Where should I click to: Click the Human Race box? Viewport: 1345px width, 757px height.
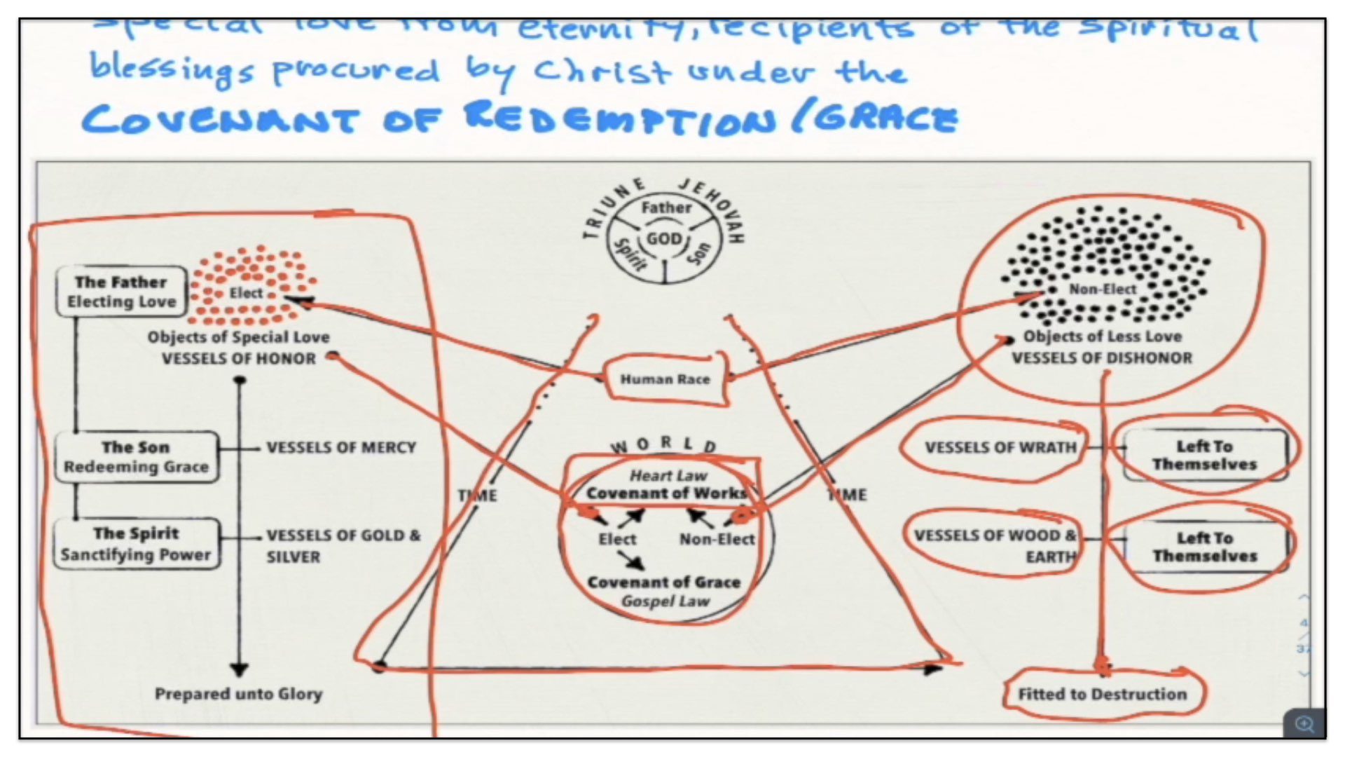coord(665,379)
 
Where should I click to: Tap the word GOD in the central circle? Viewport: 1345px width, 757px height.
coord(663,239)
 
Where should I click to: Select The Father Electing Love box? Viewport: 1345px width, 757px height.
coord(121,292)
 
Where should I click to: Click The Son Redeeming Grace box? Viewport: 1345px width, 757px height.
coord(136,457)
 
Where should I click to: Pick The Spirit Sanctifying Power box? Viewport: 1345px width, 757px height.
coord(136,544)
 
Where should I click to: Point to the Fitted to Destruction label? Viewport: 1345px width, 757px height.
coord(1102,694)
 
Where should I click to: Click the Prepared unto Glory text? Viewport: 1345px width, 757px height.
coord(238,694)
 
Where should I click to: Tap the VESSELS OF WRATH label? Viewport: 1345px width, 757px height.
coord(1000,448)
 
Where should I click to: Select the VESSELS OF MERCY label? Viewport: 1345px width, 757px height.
coord(341,448)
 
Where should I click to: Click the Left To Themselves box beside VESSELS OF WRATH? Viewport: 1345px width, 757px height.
coord(1204,456)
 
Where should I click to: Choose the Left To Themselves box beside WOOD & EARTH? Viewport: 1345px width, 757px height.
coord(1204,547)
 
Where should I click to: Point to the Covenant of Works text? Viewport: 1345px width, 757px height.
coord(666,493)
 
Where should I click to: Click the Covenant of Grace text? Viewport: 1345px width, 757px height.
coord(663,582)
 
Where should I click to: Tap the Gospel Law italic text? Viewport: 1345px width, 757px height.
coord(665,601)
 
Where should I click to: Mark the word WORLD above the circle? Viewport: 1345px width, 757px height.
coord(663,444)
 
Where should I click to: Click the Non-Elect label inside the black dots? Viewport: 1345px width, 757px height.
coord(1102,289)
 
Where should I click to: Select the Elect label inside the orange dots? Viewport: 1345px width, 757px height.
coord(246,293)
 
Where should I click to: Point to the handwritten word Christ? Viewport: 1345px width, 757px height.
coord(602,71)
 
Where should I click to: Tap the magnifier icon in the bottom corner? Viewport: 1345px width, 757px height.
coord(1304,724)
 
